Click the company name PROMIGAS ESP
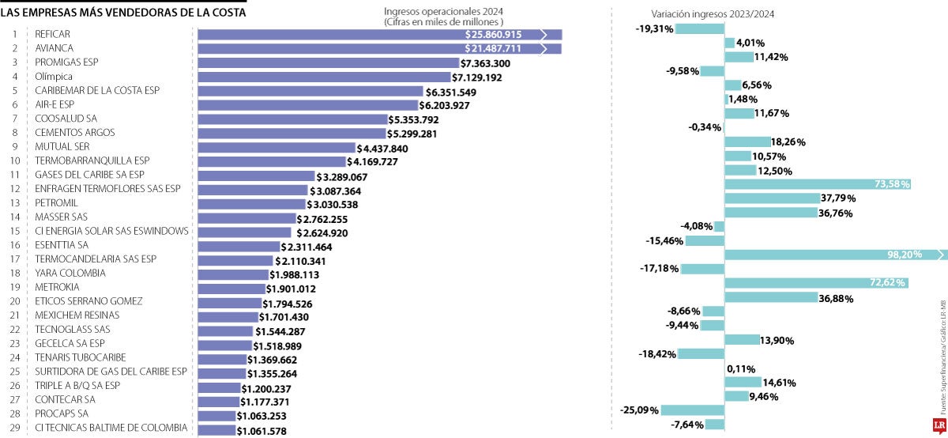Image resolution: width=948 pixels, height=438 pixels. point(66,62)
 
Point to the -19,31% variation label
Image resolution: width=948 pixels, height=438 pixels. point(654,28)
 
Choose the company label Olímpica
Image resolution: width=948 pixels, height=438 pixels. point(54,77)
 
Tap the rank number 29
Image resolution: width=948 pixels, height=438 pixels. point(13,428)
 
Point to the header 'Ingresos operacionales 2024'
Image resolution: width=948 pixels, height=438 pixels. point(443,12)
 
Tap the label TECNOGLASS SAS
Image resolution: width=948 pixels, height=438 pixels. point(73,329)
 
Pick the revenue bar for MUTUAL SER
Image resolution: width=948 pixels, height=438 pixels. point(276,148)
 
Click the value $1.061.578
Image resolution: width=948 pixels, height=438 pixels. point(261,431)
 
